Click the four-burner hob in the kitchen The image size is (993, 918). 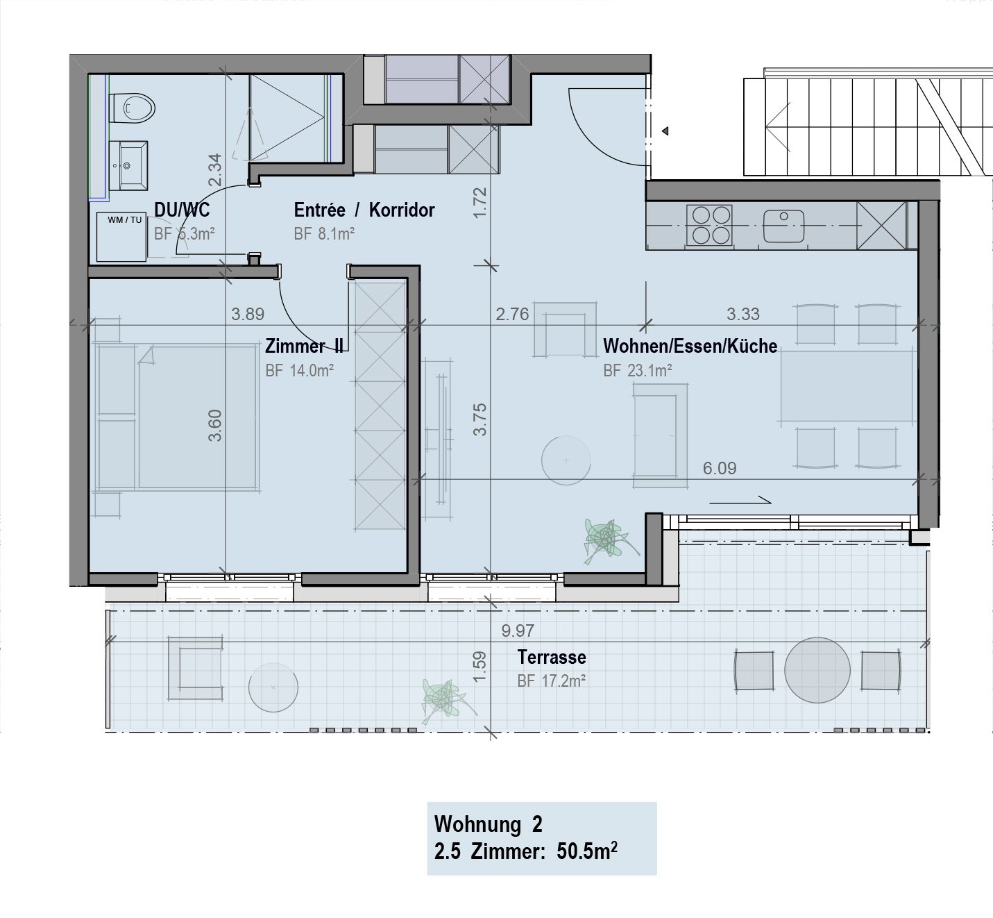coord(709,225)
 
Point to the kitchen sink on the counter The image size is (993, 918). coord(783,226)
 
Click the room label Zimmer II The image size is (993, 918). coord(303,346)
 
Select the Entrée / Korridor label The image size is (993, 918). coord(364,210)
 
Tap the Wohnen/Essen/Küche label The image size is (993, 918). coord(690,346)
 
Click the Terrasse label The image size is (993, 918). coord(552,657)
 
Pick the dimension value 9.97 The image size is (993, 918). coord(518,631)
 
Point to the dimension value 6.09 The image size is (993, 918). coord(719,468)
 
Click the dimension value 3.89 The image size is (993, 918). coord(248,314)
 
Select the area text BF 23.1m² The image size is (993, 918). coord(637,371)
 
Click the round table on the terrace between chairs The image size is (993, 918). coord(817,670)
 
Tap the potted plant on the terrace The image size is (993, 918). coord(444,700)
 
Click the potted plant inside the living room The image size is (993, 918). coord(606,540)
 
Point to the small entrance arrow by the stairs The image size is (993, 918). coord(665,131)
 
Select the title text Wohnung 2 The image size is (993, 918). coord(488,824)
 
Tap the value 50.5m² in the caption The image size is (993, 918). coord(587,851)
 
